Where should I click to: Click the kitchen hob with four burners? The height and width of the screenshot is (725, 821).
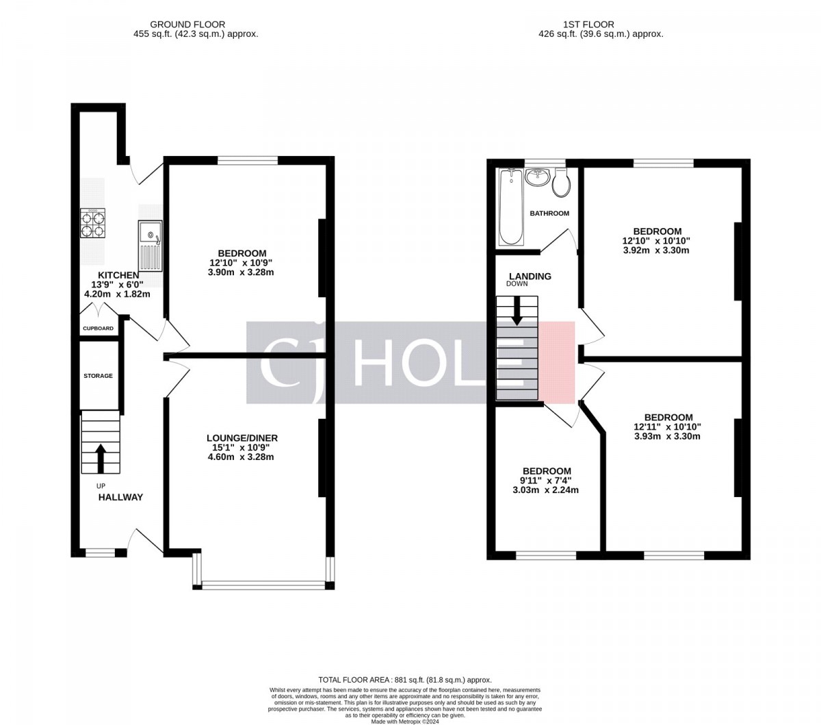coord(92,223)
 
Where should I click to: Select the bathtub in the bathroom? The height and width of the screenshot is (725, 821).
coord(510,207)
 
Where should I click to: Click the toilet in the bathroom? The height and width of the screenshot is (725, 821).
coord(562,183)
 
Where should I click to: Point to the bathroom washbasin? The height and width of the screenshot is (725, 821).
coord(537,177)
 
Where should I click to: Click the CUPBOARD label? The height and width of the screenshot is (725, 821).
coord(98,329)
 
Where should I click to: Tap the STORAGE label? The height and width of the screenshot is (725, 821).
coord(98,376)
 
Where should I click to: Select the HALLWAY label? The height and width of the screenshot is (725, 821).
coord(121,497)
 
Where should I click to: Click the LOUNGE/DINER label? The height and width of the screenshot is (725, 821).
coord(242,438)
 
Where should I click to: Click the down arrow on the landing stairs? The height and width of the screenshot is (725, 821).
coord(517,311)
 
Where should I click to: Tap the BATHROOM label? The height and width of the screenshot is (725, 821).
coord(549,214)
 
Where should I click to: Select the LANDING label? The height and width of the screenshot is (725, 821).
coord(530,276)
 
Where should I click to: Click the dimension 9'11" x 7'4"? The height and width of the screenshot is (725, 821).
coord(545,481)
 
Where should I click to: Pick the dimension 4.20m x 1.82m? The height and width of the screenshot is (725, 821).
coord(117,294)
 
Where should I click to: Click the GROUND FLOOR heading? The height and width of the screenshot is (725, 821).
coord(187,25)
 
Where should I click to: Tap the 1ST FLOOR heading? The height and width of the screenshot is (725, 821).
coord(594,25)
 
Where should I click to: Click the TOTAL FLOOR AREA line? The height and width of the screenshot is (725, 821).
coord(405,680)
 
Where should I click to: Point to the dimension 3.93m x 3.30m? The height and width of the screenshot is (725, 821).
coord(667,436)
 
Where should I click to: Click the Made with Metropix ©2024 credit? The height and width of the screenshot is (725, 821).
coord(405,722)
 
